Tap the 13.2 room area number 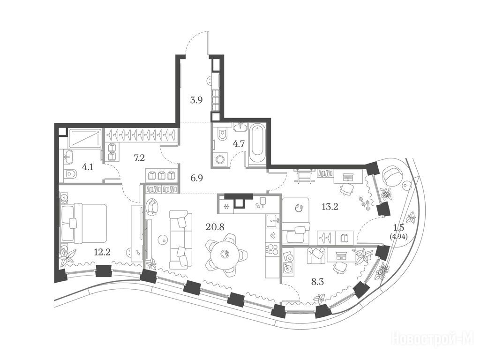(x=330, y=207)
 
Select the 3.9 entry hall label (x=196, y=100)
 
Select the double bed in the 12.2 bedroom (x=83, y=224)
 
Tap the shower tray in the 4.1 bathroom (x=85, y=138)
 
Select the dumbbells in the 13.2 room (x=365, y=202)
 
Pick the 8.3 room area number (x=317, y=282)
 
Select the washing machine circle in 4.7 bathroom (x=220, y=159)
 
